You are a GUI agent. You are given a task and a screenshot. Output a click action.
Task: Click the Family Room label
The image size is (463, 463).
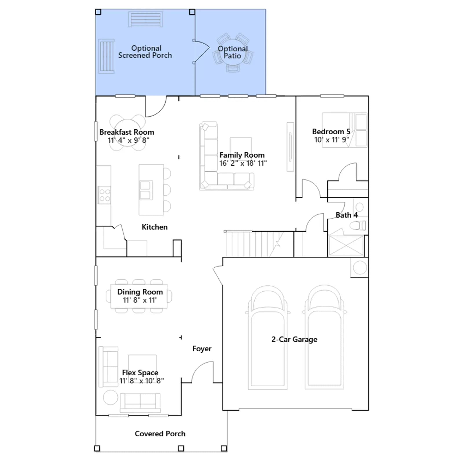pos(242,155)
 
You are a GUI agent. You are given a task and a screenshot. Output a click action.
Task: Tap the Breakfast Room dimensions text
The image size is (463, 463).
pos(128,140)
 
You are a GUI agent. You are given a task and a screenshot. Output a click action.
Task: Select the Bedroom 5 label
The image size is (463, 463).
pos(331,132)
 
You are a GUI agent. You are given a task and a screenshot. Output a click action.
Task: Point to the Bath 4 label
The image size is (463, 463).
pos(347,215)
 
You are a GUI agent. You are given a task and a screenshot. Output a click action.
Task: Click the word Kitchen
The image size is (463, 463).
pos(155,227)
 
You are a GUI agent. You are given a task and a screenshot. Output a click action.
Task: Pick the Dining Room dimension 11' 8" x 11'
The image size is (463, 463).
pos(140,300)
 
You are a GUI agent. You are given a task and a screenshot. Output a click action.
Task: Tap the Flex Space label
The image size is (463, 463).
pos(140,373)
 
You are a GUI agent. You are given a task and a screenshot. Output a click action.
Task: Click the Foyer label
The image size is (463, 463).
pos(202,349)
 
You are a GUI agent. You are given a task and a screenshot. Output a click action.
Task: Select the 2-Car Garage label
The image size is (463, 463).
pos(294,339)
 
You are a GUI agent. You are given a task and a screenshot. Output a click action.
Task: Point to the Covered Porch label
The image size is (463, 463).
pos(160,433)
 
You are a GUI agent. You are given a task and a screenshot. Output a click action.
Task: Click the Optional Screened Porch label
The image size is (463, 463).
pos(145,52)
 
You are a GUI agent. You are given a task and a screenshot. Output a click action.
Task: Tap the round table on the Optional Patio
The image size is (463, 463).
pos(233,53)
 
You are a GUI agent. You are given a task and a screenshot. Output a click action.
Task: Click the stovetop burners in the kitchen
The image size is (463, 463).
pos(104,195)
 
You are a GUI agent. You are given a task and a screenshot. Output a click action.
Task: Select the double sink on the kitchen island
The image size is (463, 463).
pos(145,190)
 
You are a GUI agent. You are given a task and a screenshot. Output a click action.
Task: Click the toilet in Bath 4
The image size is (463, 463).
pos(358,225)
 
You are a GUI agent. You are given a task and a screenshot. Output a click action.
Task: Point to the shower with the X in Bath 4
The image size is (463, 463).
pos(346,245)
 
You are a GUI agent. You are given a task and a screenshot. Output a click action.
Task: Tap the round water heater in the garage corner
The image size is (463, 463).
pos(360,268)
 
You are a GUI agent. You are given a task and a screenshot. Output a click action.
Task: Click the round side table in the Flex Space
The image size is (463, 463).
pos(111,397)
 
